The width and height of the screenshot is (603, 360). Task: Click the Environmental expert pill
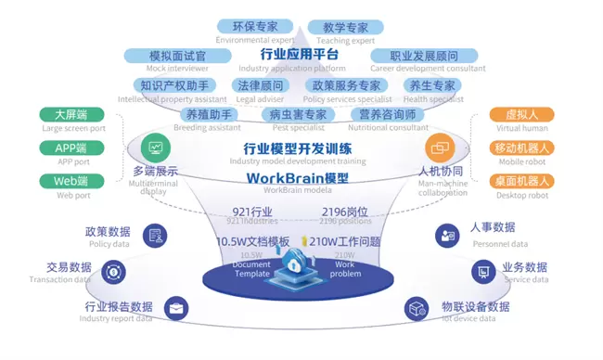[x=254, y=27]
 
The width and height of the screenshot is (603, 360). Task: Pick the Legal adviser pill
[x=258, y=86]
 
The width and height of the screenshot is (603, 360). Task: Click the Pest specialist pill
[x=297, y=115]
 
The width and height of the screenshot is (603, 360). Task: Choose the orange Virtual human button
[x=522, y=117]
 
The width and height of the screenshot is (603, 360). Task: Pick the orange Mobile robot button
[x=522, y=148]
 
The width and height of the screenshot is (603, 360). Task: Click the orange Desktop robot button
[x=522, y=181]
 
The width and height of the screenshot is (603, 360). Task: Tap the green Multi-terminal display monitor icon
[x=154, y=148]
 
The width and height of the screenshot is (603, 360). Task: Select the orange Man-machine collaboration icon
[x=440, y=148]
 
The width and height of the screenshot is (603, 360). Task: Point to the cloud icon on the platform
[x=300, y=264]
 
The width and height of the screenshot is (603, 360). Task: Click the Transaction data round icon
[x=112, y=272]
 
